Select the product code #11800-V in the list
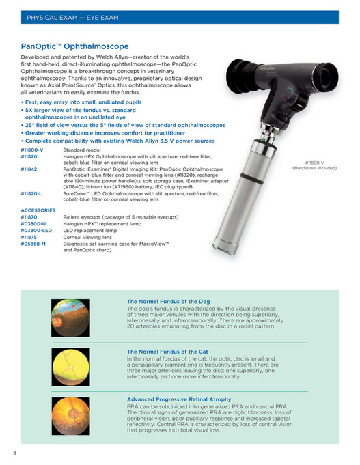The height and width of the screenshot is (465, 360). [32, 149]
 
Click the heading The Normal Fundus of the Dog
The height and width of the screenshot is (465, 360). [168, 301]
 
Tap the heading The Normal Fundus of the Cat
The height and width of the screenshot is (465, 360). [167, 352]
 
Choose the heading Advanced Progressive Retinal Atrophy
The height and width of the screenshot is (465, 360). [179, 399]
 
